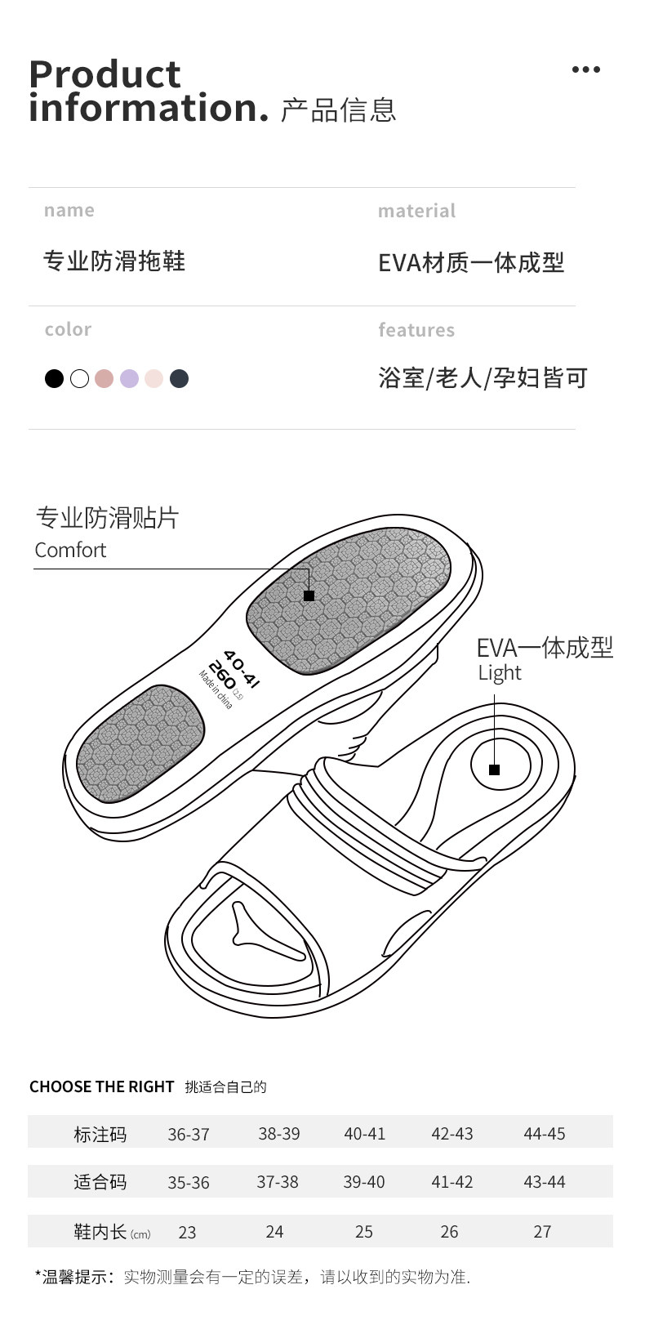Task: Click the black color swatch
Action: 54,379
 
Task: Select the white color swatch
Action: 79,379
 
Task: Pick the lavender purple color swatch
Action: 129,379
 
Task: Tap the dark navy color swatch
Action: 179,379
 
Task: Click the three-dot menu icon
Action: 585,70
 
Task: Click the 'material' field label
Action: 416,212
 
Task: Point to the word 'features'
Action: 416,331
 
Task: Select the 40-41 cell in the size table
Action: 364,1134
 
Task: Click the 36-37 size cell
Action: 189,1135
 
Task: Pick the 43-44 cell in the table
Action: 544,1182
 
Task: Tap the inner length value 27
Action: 542,1232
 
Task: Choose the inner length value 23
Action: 187,1233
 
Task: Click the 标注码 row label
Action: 100,1135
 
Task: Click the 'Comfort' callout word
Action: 70,551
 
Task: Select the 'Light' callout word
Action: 500,673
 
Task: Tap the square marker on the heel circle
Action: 494,770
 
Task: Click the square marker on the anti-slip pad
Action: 309,596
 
